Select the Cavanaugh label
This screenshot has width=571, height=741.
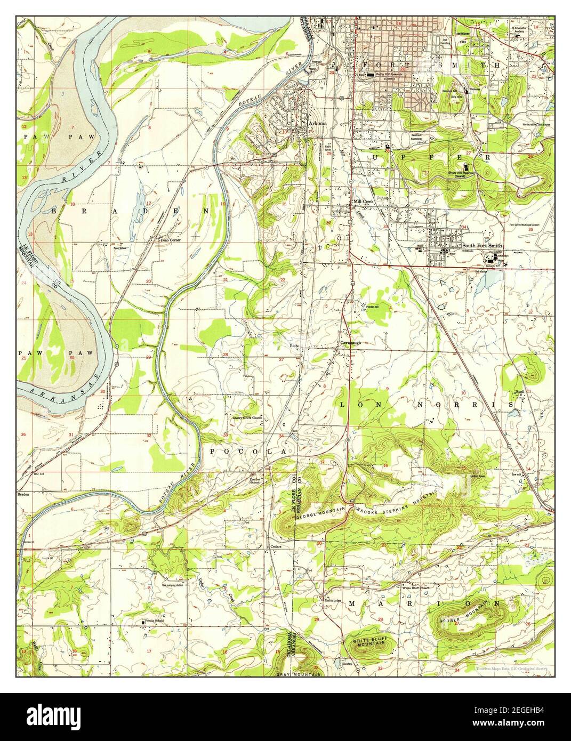[350, 343]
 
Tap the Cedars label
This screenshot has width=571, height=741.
[275, 546]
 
